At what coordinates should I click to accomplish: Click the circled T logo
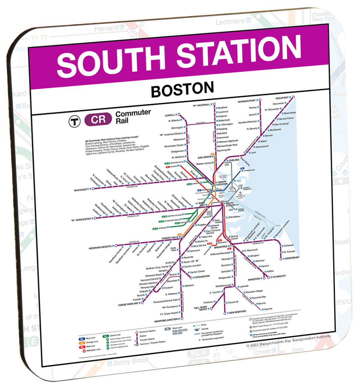click(x=75, y=121)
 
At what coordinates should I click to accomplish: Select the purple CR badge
click(x=98, y=120)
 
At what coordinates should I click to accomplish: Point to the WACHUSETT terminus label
click(x=82, y=190)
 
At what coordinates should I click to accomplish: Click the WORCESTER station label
click(x=83, y=220)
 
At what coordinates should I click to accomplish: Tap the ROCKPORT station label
click(x=282, y=98)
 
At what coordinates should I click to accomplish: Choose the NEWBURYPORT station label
click(x=247, y=101)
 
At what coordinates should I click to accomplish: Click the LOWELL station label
click(x=170, y=115)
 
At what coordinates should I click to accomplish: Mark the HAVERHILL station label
click(x=203, y=105)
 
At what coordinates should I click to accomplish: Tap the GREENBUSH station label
click(x=292, y=258)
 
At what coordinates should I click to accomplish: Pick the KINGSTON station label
click(x=254, y=279)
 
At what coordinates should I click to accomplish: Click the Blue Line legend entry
click(x=90, y=338)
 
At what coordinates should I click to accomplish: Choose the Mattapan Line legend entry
click(x=93, y=349)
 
